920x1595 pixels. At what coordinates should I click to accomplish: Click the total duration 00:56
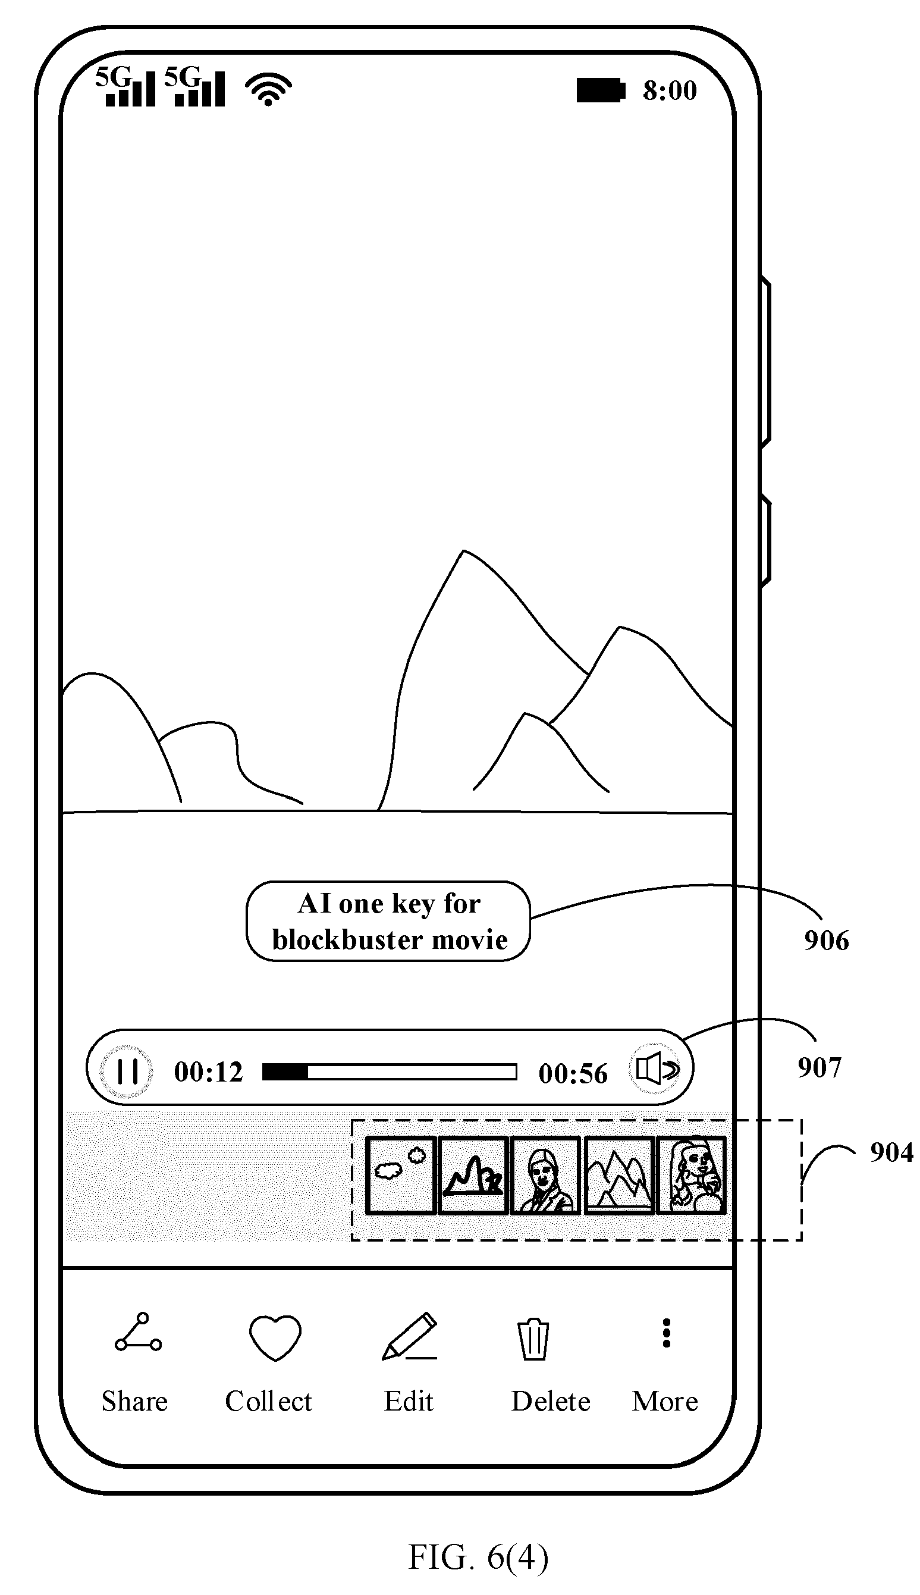pos(573,1074)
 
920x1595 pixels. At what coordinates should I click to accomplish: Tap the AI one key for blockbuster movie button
pos(388,922)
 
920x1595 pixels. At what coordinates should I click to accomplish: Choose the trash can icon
pos(534,1339)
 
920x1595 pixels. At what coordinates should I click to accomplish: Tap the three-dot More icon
pos(666,1333)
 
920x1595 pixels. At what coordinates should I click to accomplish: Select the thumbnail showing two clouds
pos(401,1176)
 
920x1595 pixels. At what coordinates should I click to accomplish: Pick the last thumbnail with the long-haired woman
pos(692,1176)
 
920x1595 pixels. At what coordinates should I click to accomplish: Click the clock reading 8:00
pos(670,90)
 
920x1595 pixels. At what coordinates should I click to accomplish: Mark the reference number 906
pos(827,941)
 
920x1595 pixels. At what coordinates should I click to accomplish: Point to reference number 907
pos(819,1067)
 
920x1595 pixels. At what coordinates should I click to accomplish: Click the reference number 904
pos(891,1152)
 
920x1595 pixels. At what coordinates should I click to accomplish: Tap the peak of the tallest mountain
pos(463,551)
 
